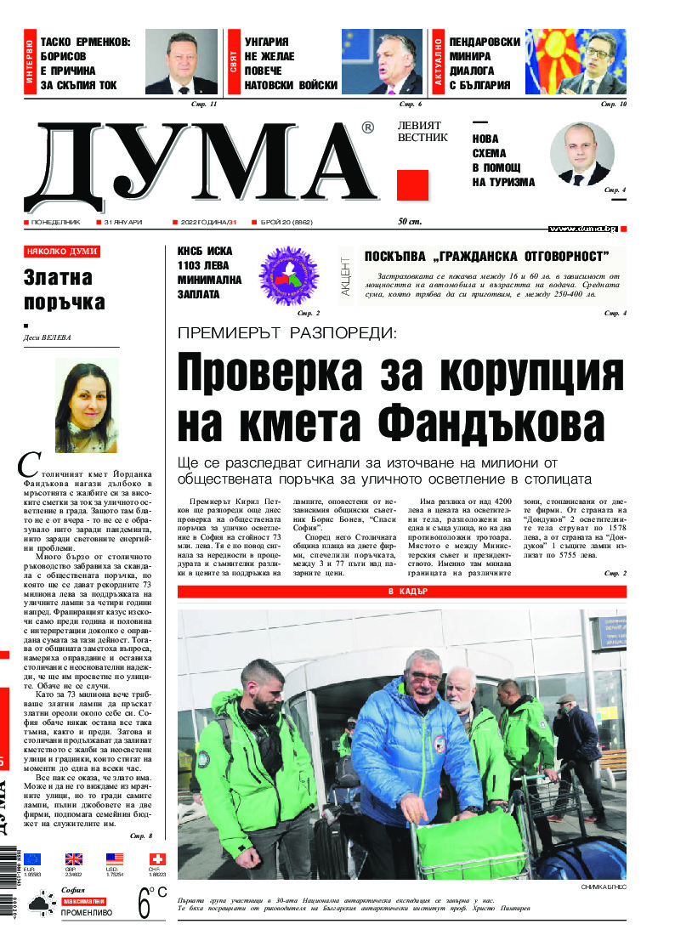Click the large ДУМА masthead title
(200, 167)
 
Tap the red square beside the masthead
(412, 185)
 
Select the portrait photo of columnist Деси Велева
(87, 405)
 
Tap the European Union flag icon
(31, 859)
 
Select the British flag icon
(74, 859)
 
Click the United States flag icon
(115, 859)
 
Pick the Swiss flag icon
(157, 859)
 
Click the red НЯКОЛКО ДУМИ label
(62, 252)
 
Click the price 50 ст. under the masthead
(410, 223)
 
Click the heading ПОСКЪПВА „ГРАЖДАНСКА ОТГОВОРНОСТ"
(486, 256)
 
